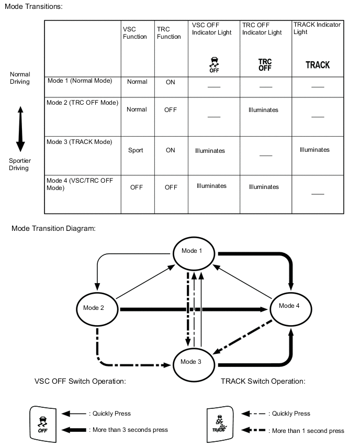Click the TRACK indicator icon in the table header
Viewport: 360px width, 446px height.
pos(318,65)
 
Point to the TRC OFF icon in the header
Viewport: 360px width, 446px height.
pos(265,65)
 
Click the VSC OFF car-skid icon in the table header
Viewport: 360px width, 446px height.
pos(213,63)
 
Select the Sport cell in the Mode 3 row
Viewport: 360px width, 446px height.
pos(136,150)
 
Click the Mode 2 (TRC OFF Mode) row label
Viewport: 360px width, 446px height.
pos(83,103)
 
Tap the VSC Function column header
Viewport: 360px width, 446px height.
pos(134,33)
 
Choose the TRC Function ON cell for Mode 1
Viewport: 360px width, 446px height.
pos(171,82)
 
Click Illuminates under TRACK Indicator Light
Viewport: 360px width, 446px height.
pos(314,150)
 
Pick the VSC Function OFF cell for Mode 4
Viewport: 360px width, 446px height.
pos(137,187)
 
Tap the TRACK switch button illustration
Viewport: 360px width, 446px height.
pos(221,421)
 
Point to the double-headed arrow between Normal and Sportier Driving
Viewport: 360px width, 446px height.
pos(20,128)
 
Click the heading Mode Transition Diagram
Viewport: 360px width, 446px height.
pos(53,229)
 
